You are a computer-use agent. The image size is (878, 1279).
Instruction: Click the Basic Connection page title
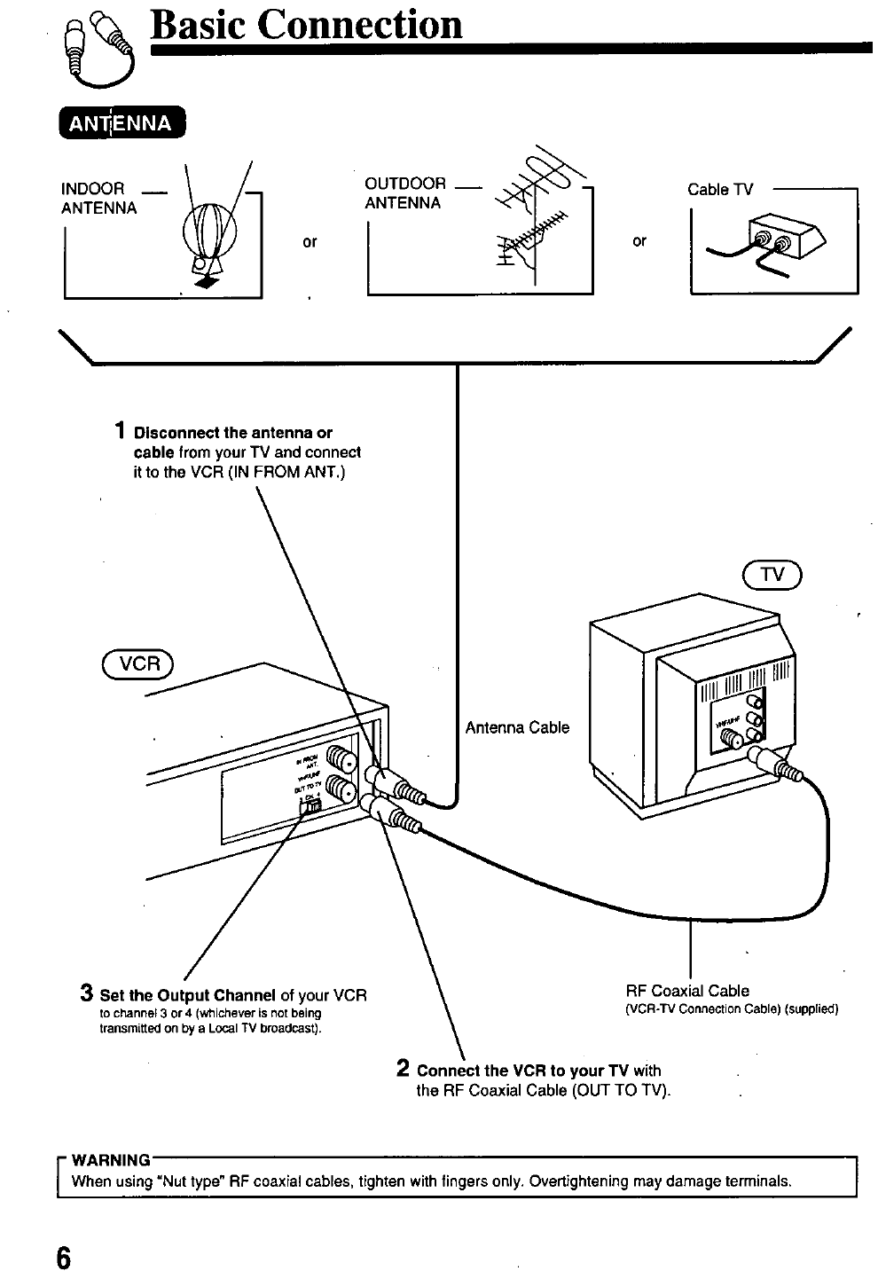(307, 24)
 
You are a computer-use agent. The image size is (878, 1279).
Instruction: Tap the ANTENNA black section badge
(121, 123)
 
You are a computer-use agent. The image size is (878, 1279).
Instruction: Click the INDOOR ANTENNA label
(98, 199)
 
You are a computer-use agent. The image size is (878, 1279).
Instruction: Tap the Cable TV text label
(719, 190)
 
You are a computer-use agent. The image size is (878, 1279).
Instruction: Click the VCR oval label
(140, 663)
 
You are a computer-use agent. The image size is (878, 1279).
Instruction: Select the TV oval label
(772, 575)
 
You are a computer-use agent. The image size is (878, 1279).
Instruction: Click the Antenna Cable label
(517, 727)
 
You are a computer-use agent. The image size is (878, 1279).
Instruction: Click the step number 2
(403, 1069)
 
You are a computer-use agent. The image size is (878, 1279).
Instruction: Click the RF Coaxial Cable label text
(687, 991)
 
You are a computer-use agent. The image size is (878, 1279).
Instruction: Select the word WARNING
(110, 1160)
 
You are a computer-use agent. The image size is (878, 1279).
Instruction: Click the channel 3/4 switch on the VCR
(311, 805)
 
